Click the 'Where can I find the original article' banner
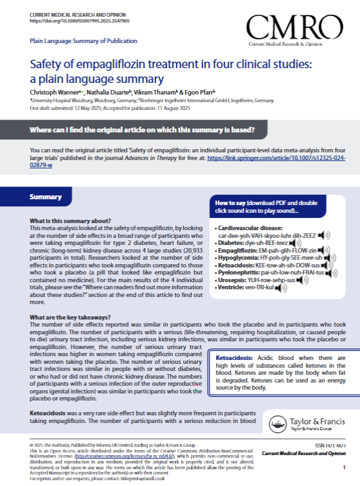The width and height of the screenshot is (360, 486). pyautogui.click(x=141, y=130)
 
